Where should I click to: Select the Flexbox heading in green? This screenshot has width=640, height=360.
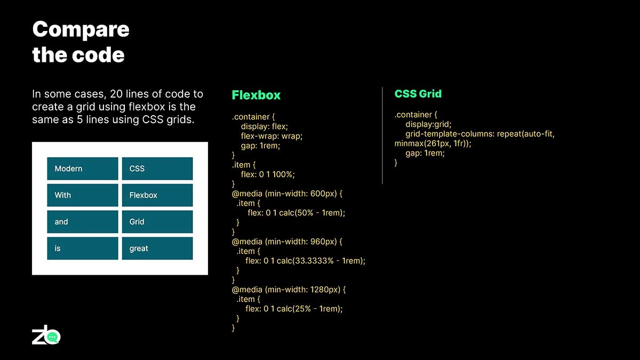(x=256, y=95)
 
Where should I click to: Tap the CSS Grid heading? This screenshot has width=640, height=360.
(x=418, y=94)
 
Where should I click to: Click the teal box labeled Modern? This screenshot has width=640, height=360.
(x=83, y=169)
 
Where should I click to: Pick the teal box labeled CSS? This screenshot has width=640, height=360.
(x=157, y=169)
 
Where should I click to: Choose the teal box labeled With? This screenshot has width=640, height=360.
(x=83, y=195)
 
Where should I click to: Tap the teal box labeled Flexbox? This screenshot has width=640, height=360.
(x=157, y=195)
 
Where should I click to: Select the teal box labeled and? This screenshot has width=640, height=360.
(x=83, y=222)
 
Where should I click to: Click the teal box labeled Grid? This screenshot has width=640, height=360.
(x=157, y=222)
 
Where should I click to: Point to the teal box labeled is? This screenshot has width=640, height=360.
(x=83, y=249)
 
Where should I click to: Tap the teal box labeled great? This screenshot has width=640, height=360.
(x=157, y=249)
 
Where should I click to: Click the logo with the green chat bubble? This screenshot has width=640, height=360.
(x=46, y=335)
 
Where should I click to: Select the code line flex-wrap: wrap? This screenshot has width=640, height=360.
(x=271, y=136)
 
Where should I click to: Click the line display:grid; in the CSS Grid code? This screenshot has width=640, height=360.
(x=428, y=124)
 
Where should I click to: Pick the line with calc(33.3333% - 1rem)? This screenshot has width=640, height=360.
(x=305, y=261)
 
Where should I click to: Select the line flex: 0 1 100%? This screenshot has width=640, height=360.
(x=268, y=174)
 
